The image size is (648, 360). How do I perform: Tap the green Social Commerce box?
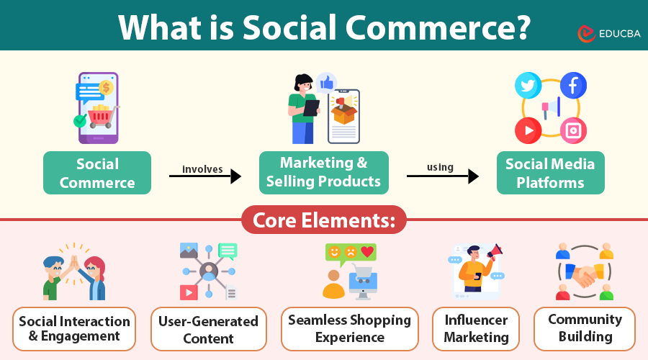[97, 173]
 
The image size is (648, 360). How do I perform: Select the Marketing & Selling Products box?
[323, 173]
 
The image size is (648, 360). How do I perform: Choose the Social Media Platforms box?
[550, 173]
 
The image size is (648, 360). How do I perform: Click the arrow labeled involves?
[204, 176]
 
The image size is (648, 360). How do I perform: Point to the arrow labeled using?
[442, 176]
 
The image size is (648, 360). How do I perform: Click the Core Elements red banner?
[323, 220]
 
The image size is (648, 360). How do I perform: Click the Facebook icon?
[573, 86]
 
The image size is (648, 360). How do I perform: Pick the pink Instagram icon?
[573, 130]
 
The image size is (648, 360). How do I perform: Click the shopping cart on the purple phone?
[101, 115]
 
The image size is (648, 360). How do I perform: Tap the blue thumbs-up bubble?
[326, 84]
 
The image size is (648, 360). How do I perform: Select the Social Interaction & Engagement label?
[75, 328]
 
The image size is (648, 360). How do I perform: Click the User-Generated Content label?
[208, 329]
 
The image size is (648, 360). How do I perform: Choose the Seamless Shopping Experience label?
[349, 328]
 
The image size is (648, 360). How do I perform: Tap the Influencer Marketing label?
[476, 328]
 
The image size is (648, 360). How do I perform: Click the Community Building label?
[585, 328]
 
